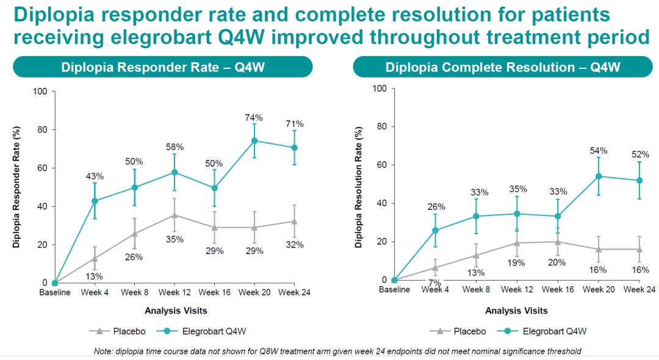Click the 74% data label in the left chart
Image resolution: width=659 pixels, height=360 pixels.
(x=254, y=118)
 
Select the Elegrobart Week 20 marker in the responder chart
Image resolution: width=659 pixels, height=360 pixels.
(x=254, y=141)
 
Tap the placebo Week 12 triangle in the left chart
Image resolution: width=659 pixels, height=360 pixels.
(x=175, y=215)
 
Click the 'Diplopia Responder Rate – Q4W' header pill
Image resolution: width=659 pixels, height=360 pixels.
(x=163, y=67)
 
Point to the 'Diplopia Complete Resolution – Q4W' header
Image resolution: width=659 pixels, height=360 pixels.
(x=503, y=67)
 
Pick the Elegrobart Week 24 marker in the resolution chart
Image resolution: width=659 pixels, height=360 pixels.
(x=639, y=181)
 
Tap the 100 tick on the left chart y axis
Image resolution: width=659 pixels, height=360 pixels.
(x=41, y=92)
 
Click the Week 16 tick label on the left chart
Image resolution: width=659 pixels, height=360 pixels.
(x=214, y=293)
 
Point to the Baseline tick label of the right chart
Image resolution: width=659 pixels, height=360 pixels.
(x=394, y=290)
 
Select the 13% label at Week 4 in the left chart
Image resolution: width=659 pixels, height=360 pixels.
(x=95, y=276)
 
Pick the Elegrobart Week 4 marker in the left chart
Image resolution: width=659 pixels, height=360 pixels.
(x=95, y=201)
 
